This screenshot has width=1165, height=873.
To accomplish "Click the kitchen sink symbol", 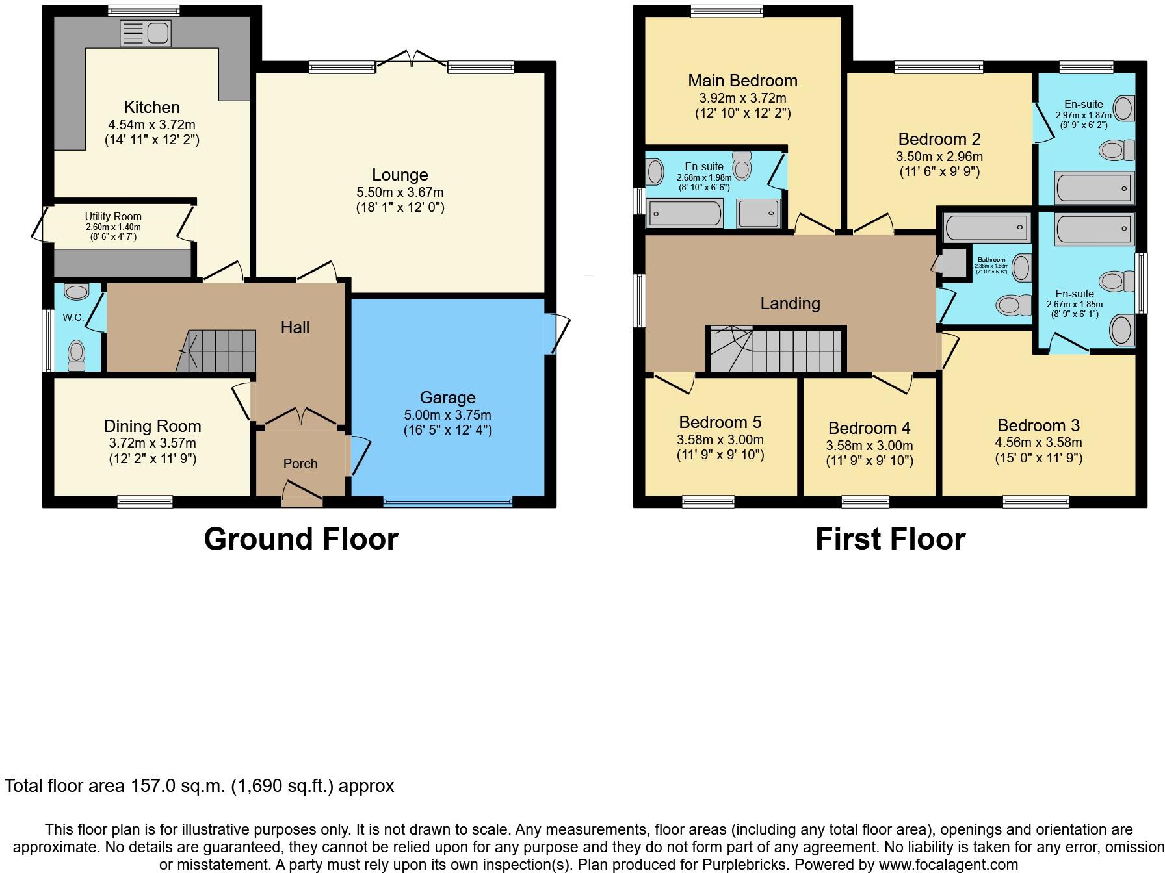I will (x=145, y=34).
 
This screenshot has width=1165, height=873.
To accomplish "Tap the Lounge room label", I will (x=400, y=175).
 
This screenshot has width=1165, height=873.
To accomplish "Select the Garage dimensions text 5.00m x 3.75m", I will (x=447, y=415).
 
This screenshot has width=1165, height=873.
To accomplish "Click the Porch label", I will (x=300, y=464).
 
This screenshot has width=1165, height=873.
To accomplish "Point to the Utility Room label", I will (x=113, y=217).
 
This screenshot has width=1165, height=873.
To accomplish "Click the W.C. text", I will (x=73, y=318).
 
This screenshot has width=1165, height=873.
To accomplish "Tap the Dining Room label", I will (x=152, y=426).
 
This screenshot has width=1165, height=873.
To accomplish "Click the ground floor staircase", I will (x=218, y=351).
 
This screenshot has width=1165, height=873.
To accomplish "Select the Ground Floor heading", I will (x=300, y=539).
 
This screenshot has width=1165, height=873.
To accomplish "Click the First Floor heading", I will (x=890, y=539).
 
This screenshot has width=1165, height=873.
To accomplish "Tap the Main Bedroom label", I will (x=742, y=81).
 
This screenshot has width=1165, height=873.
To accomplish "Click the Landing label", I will (x=790, y=303).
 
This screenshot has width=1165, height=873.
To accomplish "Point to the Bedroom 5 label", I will (x=720, y=422).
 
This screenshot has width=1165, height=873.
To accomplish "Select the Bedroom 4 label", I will (x=869, y=428).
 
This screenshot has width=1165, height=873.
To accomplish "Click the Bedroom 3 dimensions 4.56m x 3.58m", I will (x=1038, y=443).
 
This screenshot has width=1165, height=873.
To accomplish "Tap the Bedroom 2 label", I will (x=939, y=139).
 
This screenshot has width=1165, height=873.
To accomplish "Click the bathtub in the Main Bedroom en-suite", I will (x=685, y=213).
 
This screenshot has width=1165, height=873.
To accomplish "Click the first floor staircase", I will (x=777, y=351).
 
